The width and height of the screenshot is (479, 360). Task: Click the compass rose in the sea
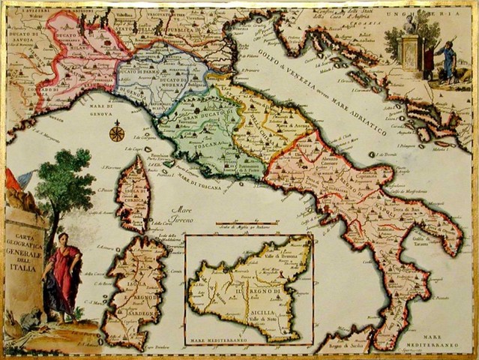click(116, 134)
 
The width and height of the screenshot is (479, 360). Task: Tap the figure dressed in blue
click(448, 60)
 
